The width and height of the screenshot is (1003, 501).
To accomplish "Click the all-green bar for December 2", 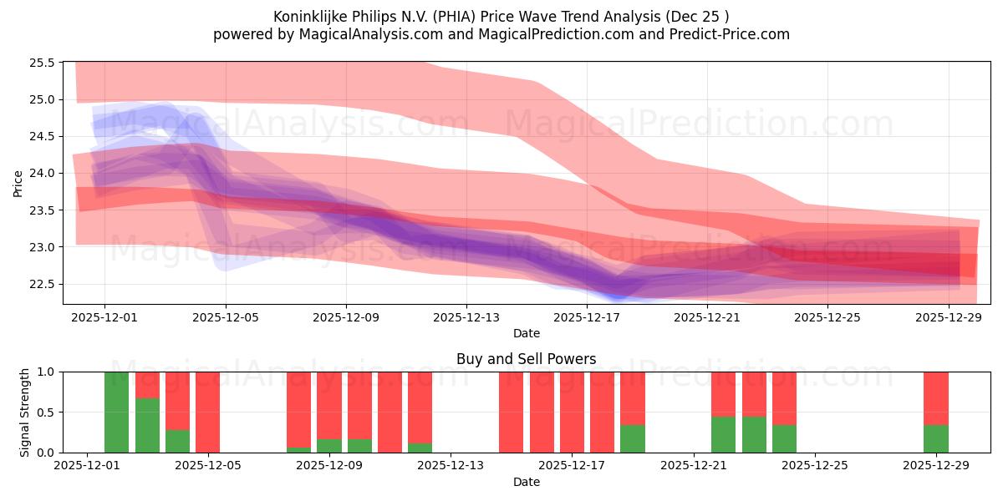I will click(x=117, y=412).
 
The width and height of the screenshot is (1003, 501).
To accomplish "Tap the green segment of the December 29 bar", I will click(x=935, y=439).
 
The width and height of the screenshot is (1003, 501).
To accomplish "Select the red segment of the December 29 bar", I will click(x=935, y=398).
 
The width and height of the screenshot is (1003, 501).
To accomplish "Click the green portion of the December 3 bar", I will click(x=147, y=425).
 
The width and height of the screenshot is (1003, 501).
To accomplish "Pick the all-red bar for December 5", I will click(x=208, y=412).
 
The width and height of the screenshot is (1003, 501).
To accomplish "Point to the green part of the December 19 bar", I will click(x=633, y=439).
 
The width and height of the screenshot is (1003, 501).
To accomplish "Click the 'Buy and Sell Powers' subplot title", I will click(x=526, y=360).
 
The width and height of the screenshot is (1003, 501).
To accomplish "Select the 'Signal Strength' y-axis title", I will click(x=25, y=412).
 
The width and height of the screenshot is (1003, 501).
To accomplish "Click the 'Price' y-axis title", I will click(x=18, y=183).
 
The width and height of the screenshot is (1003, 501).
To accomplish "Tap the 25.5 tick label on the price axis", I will click(x=42, y=63).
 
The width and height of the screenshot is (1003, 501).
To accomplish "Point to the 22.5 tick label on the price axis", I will click(x=42, y=285).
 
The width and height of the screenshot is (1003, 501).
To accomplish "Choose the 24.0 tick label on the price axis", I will click(x=42, y=174).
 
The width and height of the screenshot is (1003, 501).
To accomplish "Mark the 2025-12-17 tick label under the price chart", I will click(x=587, y=317).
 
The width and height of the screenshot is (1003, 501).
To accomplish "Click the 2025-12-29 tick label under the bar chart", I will click(x=936, y=466).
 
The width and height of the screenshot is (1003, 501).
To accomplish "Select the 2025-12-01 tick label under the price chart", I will click(x=104, y=317).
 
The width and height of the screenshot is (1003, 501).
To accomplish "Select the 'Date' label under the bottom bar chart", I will click(x=526, y=482).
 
